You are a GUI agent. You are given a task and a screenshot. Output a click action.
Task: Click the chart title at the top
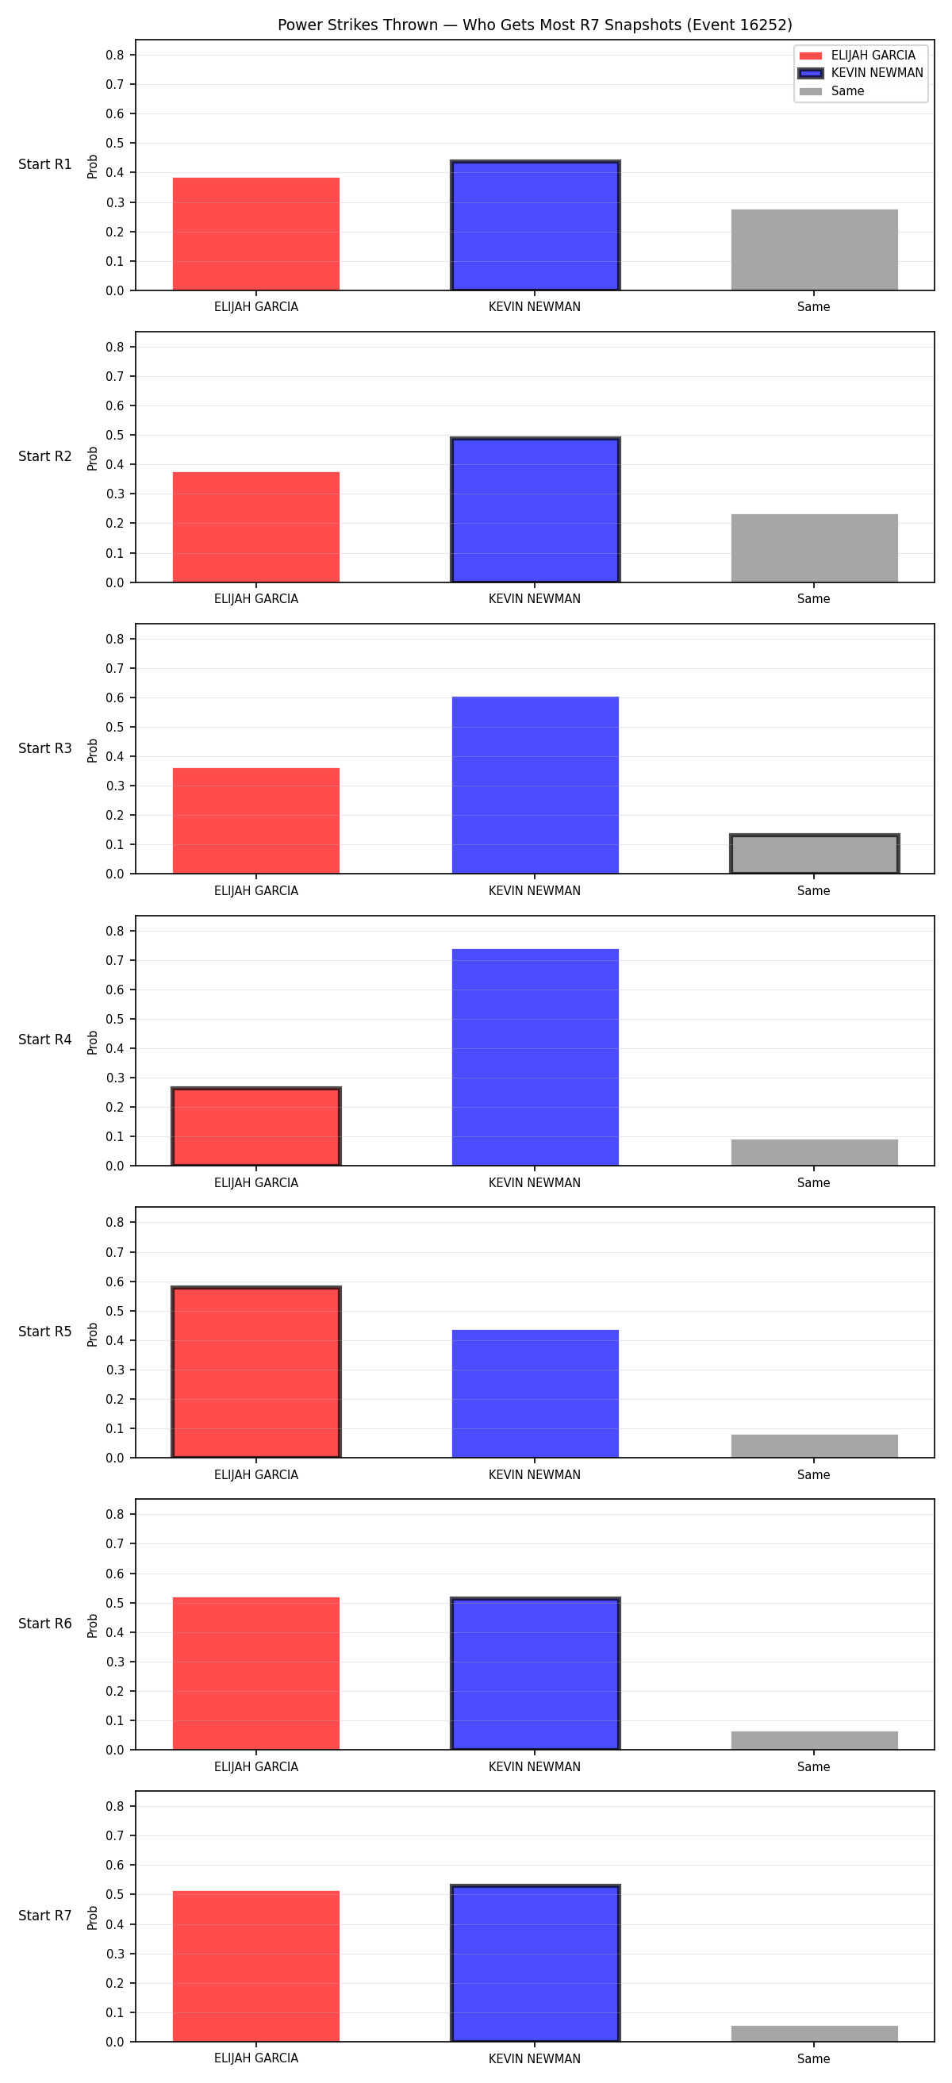click(534, 25)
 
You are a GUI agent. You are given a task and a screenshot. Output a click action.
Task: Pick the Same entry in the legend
click(831, 90)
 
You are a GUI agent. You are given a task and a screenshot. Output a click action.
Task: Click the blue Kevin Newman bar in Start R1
click(535, 225)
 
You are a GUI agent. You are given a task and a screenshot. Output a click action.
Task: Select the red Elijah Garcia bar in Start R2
click(256, 526)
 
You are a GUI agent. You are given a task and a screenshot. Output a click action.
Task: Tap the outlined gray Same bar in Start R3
click(815, 854)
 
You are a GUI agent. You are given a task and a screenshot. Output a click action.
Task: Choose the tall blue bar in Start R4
click(535, 1057)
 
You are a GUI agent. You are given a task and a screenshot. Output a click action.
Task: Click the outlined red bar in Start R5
click(256, 1372)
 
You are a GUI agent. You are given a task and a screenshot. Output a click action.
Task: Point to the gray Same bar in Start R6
click(815, 1740)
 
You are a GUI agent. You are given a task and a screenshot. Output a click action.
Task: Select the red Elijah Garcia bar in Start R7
click(256, 1966)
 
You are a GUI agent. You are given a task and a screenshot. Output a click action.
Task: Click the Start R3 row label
click(45, 748)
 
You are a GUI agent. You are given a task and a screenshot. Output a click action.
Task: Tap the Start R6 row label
click(45, 1624)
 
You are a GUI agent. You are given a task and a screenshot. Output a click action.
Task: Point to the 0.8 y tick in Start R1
click(115, 55)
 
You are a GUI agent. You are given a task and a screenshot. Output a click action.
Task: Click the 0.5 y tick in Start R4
click(115, 1019)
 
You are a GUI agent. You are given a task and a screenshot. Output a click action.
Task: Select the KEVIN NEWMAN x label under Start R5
click(534, 1475)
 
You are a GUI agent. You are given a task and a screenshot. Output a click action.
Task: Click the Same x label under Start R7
click(814, 2058)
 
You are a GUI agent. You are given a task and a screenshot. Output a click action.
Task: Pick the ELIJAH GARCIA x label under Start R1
click(256, 307)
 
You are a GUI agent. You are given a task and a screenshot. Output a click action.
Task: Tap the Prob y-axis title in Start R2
click(93, 459)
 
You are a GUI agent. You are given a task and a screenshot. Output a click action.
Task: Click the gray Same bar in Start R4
click(815, 1152)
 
